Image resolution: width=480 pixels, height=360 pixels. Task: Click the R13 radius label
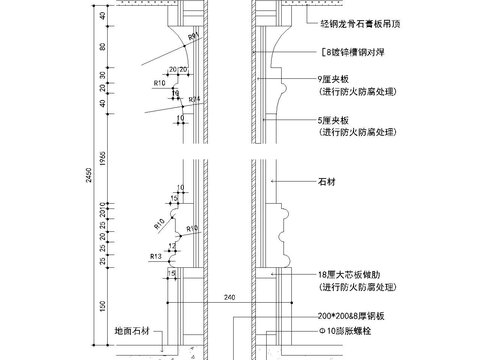pyautogui.click(x=156, y=257)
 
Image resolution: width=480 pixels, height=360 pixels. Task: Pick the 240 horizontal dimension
pyautogui.click(x=229, y=297)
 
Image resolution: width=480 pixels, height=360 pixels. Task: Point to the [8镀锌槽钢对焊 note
pyautogui.click(x=351, y=51)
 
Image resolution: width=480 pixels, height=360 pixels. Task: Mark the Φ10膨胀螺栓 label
pyautogui.click(x=345, y=329)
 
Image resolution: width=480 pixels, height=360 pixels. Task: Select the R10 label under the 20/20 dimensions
pyautogui.click(x=159, y=83)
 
